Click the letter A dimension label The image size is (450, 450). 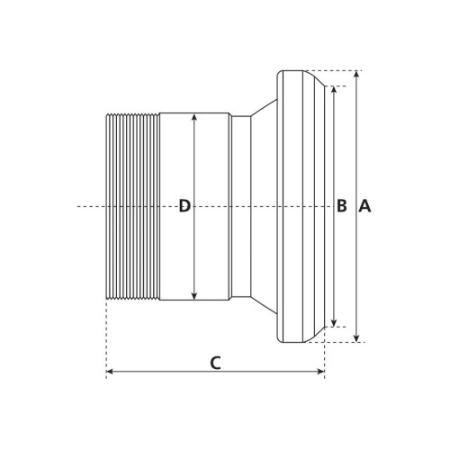364,206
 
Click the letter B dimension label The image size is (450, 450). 342,206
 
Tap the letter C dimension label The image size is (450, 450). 215,363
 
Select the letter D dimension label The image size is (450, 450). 184,206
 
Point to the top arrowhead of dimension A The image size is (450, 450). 356,74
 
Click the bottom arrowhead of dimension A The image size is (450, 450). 356,338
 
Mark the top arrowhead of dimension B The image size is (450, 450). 335,89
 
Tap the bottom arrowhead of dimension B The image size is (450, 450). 335,323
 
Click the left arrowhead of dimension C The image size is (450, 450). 110,372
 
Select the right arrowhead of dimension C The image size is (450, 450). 320,372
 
